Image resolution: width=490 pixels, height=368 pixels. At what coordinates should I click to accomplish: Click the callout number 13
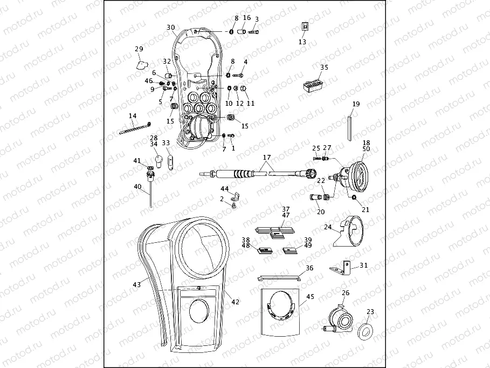tap(302, 42)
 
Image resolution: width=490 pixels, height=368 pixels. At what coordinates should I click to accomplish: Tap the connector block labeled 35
tap(313, 85)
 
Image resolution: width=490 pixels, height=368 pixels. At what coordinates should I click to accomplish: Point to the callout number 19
tap(356, 104)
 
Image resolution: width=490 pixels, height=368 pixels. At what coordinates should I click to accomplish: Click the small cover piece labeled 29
tap(141, 65)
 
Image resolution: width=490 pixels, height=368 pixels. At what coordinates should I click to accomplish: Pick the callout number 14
tap(133, 116)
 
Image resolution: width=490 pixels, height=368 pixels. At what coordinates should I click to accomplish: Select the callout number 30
tap(170, 28)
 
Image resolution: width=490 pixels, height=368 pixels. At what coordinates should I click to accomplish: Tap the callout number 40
tap(137, 187)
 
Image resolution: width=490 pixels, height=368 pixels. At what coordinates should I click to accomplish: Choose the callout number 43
tap(137, 284)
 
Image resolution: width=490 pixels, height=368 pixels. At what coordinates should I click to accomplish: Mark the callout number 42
tap(235, 302)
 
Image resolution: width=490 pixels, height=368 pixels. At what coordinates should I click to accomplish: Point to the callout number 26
tap(346, 293)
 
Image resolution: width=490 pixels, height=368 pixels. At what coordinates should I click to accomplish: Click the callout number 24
tap(327, 228)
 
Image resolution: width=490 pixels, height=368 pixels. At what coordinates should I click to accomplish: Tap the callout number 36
tap(309, 268)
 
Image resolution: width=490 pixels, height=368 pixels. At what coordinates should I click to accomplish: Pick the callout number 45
tap(309, 296)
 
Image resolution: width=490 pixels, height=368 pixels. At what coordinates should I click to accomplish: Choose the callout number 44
tap(224, 189)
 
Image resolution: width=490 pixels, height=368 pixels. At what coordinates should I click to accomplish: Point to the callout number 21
tap(365, 210)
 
